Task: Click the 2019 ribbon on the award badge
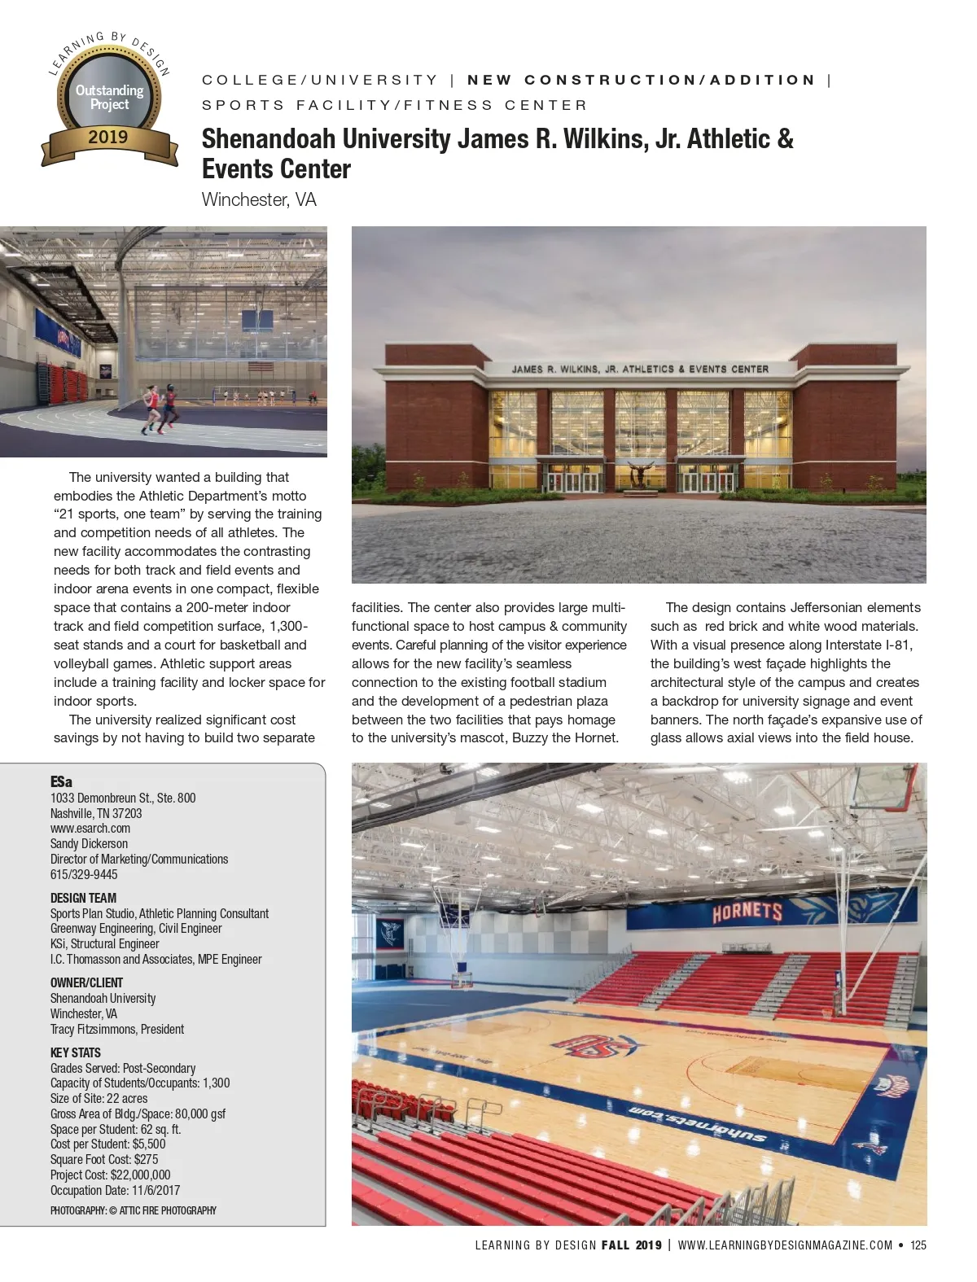click(x=109, y=138)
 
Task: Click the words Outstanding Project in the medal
click(x=109, y=97)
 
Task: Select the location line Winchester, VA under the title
click(x=259, y=199)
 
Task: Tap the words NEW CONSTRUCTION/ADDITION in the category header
click(x=641, y=80)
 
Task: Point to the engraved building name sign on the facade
click(x=640, y=369)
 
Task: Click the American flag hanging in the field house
click(x=259, y=367)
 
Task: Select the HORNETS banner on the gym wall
click(x=747, y=912)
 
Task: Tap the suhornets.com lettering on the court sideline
click(x=697, y=1122)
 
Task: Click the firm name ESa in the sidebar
click(x=61, y=781)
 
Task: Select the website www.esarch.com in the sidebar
click(x=90, y=828)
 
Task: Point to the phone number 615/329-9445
click(x=84, y=874)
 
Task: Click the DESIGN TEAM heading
click(x=83, y=898)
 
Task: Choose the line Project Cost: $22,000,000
click(x=110, y=1175)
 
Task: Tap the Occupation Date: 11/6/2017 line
click(x=115, y=1190)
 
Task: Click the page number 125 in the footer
click(x=918, y=1245)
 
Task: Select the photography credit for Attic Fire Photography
click(x=134, y=1210)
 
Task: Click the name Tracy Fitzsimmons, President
click(x=117, y=1029)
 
